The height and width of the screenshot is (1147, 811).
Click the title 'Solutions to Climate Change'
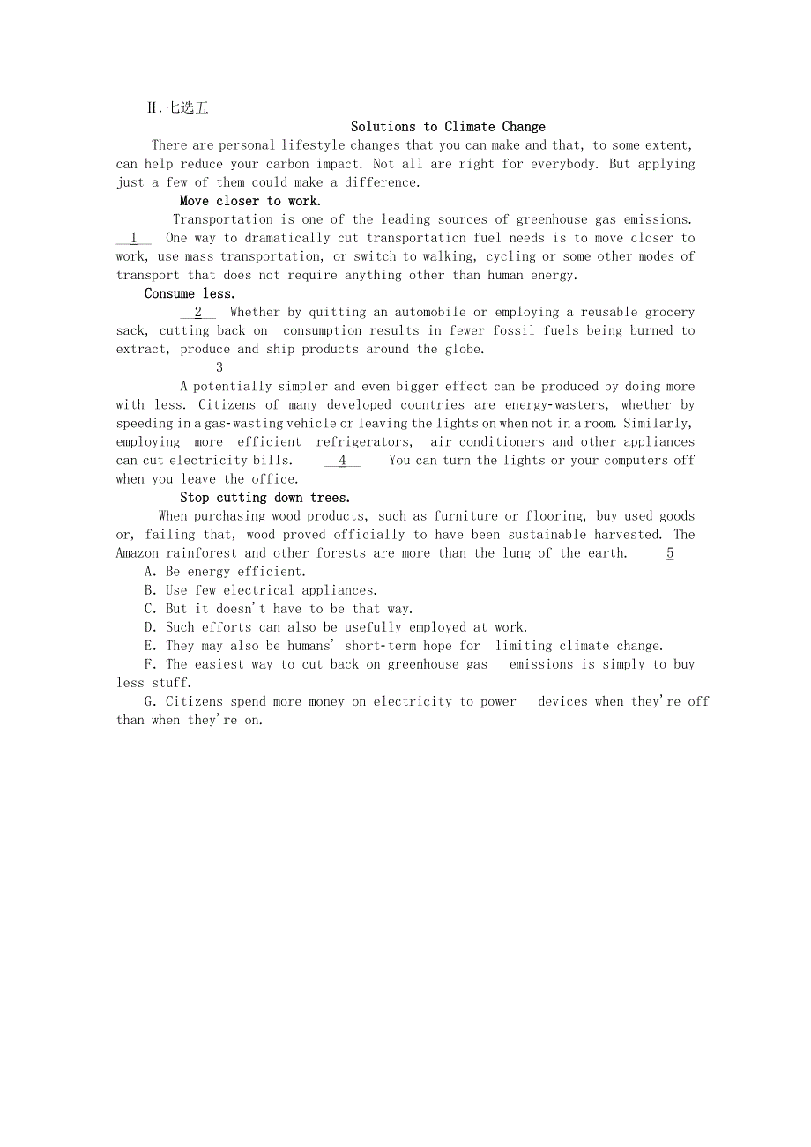(448, 127)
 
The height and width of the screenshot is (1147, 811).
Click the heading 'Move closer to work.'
(250, 201)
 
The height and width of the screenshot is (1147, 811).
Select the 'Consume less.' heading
(190, 293)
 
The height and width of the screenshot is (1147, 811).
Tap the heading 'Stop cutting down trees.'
(264, 498)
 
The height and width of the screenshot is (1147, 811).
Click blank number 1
(134, 238)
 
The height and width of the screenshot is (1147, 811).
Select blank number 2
(198, 312)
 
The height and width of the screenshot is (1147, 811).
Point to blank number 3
(219, 368)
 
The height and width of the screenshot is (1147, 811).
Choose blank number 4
(342, 460)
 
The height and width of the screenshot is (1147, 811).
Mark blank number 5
(670, 553)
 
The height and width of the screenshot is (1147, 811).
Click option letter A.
(150, 572)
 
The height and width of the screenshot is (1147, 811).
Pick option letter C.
(150, 609)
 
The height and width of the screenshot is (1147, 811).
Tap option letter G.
(150, 701)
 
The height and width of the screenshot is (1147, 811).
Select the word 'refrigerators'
(363, 442)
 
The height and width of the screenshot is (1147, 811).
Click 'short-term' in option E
(380, 646)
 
